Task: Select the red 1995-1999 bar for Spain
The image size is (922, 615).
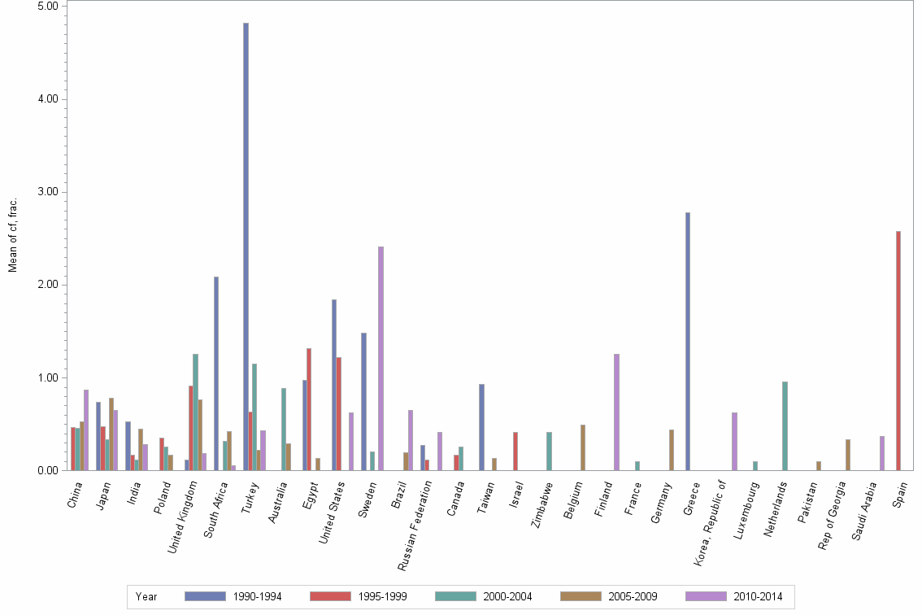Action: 898,351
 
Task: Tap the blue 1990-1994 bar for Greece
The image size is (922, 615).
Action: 688,342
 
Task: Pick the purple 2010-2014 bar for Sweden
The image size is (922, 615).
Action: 381,358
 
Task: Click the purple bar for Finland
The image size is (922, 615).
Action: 616,412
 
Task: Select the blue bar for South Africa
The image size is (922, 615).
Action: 216,373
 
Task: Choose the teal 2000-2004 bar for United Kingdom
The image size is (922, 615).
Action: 195,412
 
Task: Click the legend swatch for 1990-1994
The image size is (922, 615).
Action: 205,596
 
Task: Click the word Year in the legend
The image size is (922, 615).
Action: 147,596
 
